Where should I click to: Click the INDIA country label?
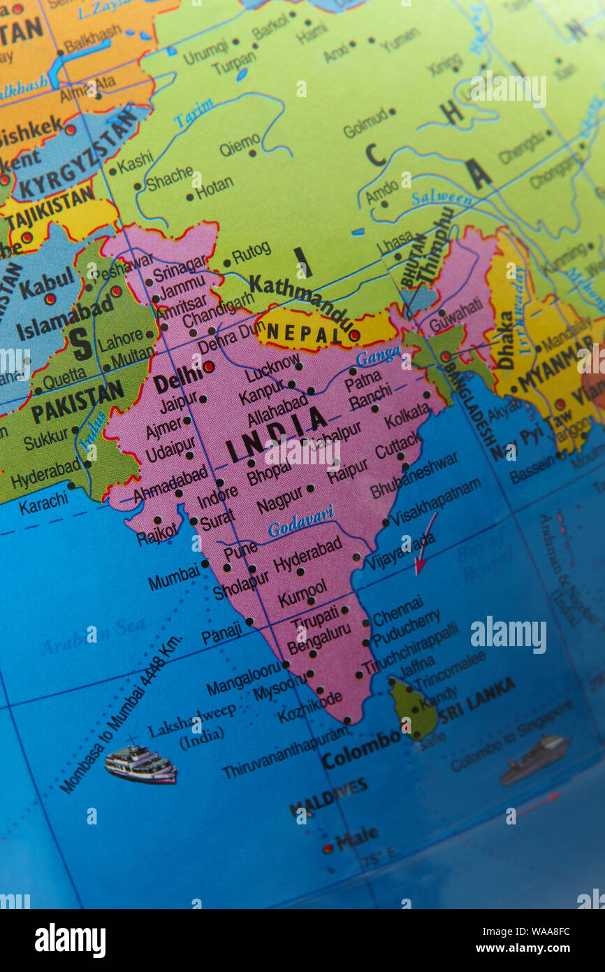[277, 432]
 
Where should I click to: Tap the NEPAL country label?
[299, 334]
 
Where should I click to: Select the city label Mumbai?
[173, 578]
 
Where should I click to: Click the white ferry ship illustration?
[140, 764]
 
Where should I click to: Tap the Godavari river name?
[300, 521]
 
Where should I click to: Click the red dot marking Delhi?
[208, 366]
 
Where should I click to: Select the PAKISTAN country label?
[77, 401]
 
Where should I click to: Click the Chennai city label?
[398, 610]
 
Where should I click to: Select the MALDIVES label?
[328, 796]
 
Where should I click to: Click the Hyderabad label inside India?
[307, 554]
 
